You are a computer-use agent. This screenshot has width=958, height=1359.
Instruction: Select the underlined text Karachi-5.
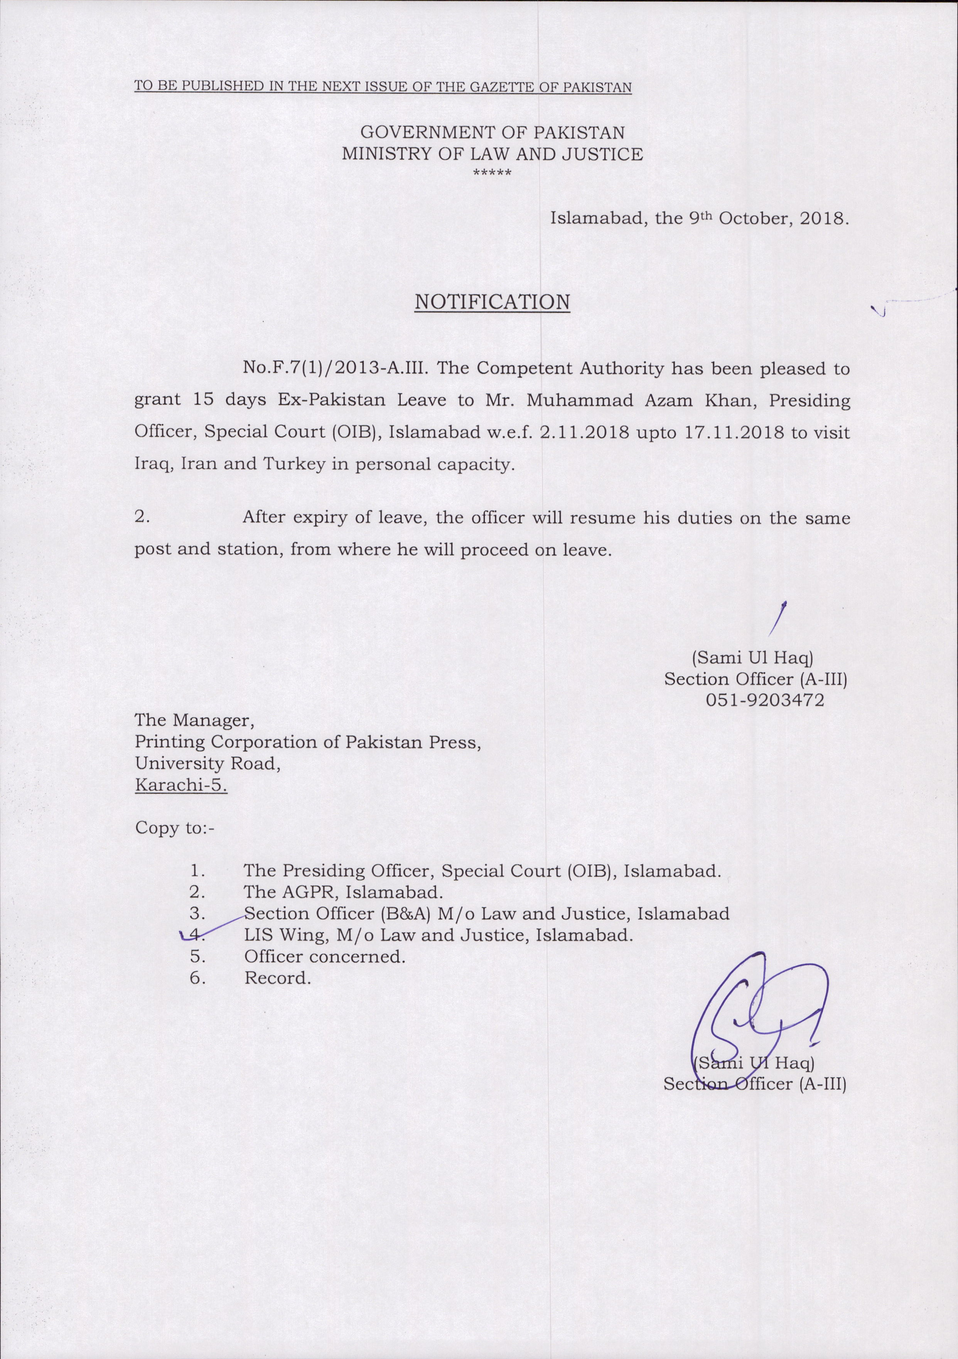coord(181,786)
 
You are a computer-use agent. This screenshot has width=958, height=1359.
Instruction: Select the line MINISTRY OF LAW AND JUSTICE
coord(492,154)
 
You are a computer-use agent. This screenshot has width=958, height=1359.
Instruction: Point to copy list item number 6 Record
coord(277,979)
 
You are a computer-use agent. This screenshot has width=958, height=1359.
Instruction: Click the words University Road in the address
coord(207,764)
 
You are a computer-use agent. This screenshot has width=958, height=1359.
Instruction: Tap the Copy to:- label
coord(175,827)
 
